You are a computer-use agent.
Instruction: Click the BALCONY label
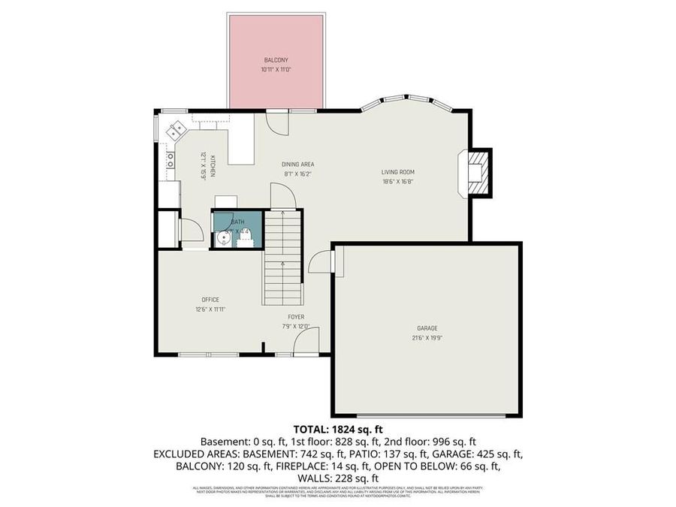[276, 60]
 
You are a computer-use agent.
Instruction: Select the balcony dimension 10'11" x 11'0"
[276, 69]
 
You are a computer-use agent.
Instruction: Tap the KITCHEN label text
[213, 165]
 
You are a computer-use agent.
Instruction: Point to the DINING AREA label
[297, 164]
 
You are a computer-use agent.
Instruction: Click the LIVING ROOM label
[397, 172]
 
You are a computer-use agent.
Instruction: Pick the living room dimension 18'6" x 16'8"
[397, 181]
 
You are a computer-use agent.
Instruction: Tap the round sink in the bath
[222, 239]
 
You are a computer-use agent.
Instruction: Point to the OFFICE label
[210, 300]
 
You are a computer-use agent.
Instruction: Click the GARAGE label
[427, 328]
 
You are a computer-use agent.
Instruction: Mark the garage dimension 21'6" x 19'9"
[427, 337]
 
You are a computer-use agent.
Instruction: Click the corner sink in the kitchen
[177, 129]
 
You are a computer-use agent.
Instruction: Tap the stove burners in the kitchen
[171, 160]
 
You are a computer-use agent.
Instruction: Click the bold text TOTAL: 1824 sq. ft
[337, 429]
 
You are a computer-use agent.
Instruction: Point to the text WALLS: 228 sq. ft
[337, 478]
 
